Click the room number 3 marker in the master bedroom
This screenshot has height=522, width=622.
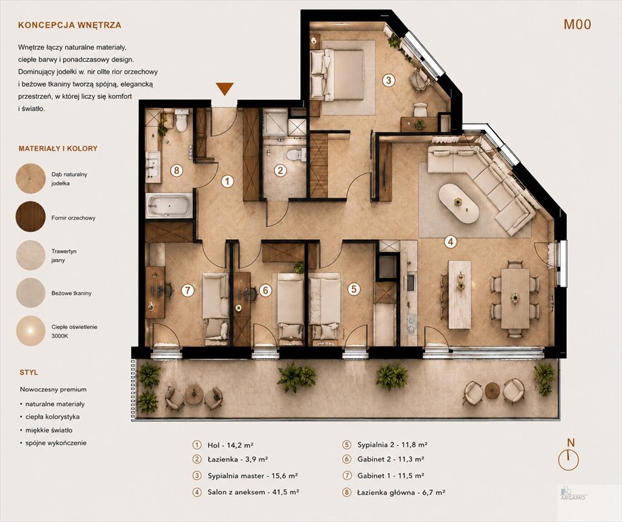click(388, 80)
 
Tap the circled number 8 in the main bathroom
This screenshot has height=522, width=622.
click(177, 171)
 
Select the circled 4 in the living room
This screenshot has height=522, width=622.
click(450, 242)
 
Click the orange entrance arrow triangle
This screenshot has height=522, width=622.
click(225, 89)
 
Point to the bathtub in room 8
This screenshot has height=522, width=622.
click(168, 205)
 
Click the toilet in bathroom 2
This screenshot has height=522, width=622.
click(295, 154)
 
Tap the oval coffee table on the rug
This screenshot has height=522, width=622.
click(459, 203)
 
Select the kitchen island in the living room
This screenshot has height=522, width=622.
click(460, 294)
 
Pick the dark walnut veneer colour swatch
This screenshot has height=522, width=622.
click(31, 216)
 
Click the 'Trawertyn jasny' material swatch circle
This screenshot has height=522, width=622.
click(31, 256)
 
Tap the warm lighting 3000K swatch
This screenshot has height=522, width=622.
click(31, 330)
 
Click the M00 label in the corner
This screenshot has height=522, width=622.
click(577, 24)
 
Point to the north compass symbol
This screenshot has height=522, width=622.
click(568, 455)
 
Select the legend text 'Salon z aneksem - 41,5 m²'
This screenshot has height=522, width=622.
click(253, 492)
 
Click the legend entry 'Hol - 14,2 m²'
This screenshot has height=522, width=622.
click(230, 445)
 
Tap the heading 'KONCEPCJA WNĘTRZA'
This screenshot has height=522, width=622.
click(70, 25)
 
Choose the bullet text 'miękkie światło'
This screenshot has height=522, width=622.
click(49, 430)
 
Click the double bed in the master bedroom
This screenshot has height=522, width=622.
click(337, 74)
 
